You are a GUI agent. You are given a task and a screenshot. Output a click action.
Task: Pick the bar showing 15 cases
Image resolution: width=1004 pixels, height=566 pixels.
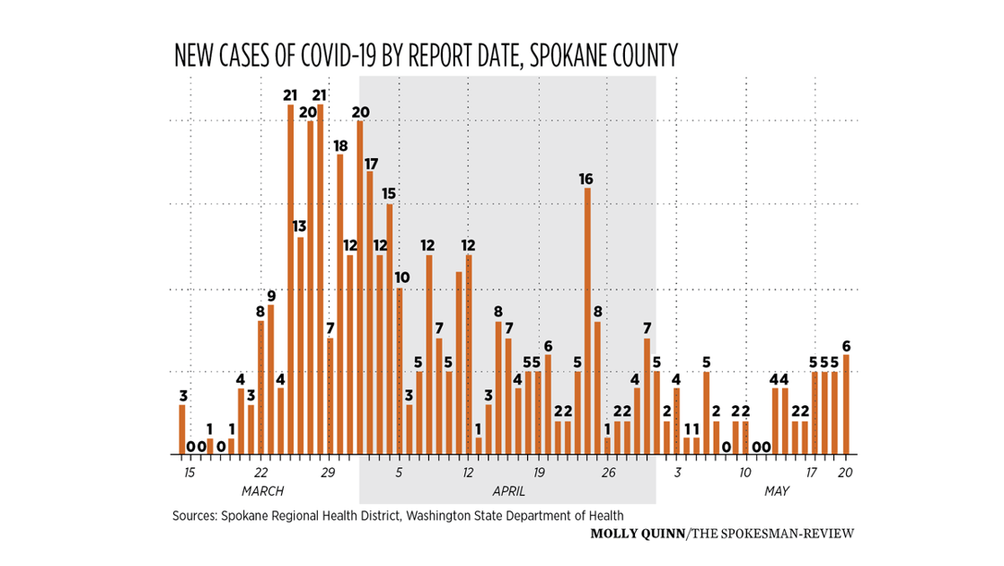coord(390,329)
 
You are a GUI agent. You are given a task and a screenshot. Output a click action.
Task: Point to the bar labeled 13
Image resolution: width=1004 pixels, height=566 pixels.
coord(301,345)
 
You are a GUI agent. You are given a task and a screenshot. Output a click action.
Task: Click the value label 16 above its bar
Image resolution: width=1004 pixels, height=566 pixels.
coord(586,180)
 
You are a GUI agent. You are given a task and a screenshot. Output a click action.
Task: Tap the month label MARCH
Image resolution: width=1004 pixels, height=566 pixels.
coord(263,491)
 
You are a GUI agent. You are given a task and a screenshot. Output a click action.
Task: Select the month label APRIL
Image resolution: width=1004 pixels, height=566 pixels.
coord(508,491)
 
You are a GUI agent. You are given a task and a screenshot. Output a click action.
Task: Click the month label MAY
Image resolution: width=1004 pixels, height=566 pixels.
coord(777,491)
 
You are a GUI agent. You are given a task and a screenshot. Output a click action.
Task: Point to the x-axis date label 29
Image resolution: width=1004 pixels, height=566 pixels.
coord(328,472)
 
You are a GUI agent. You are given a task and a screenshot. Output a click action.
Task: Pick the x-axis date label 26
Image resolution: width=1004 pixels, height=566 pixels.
coord(607,472)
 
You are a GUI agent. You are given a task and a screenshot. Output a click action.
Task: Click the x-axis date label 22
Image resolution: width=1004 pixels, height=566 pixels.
coord(260,472)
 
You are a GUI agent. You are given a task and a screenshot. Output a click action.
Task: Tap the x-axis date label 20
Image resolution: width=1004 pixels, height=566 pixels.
coord(845,472)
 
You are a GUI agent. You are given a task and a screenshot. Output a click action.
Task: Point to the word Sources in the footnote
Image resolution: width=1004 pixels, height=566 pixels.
coord(195,516)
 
